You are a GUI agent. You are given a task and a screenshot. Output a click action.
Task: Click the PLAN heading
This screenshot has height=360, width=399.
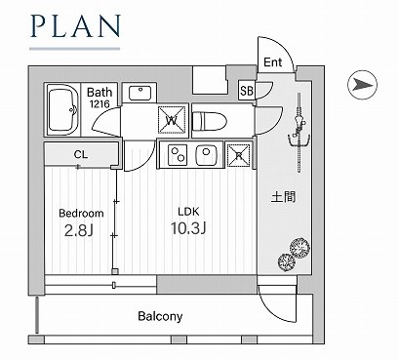(76, 26)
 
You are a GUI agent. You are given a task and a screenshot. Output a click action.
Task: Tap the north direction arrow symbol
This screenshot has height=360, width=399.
(362, 85)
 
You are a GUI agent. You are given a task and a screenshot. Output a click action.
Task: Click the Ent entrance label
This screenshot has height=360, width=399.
(272, 62)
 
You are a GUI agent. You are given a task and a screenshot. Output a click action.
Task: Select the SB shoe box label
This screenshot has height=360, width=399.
(247, 91)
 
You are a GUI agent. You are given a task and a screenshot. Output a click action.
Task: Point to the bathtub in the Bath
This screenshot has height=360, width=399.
(62, 109)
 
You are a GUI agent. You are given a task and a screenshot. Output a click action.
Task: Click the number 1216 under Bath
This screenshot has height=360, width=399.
(100, 104)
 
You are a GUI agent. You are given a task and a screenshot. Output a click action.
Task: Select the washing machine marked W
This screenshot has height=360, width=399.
(172, 120)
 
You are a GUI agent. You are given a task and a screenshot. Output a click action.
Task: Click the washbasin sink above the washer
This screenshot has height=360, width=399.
(140, 93)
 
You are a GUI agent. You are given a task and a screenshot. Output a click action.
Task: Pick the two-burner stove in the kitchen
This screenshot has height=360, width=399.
(178, 155)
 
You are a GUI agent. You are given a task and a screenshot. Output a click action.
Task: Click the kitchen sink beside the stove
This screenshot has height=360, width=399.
(206, 154)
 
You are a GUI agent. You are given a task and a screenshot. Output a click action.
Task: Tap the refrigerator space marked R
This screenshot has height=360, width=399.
(238, 155)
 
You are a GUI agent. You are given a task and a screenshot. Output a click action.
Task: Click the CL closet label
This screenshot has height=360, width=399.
(81, 154)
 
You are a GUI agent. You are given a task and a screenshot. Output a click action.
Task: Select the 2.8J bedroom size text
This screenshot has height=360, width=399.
(79, 230)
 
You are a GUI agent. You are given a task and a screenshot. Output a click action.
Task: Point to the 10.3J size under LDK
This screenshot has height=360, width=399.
(188, 228)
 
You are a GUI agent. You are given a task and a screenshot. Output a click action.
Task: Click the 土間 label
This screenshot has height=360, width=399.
(284, 197)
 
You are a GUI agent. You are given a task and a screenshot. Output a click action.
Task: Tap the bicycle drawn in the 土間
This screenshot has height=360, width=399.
(299, 132)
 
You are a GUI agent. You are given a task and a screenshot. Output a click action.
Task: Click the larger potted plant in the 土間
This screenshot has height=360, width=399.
(299, 247)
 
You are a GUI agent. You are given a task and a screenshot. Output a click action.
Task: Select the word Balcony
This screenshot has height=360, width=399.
(160, 316)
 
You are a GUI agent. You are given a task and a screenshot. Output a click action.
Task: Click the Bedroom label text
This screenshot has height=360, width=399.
(81, 214)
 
